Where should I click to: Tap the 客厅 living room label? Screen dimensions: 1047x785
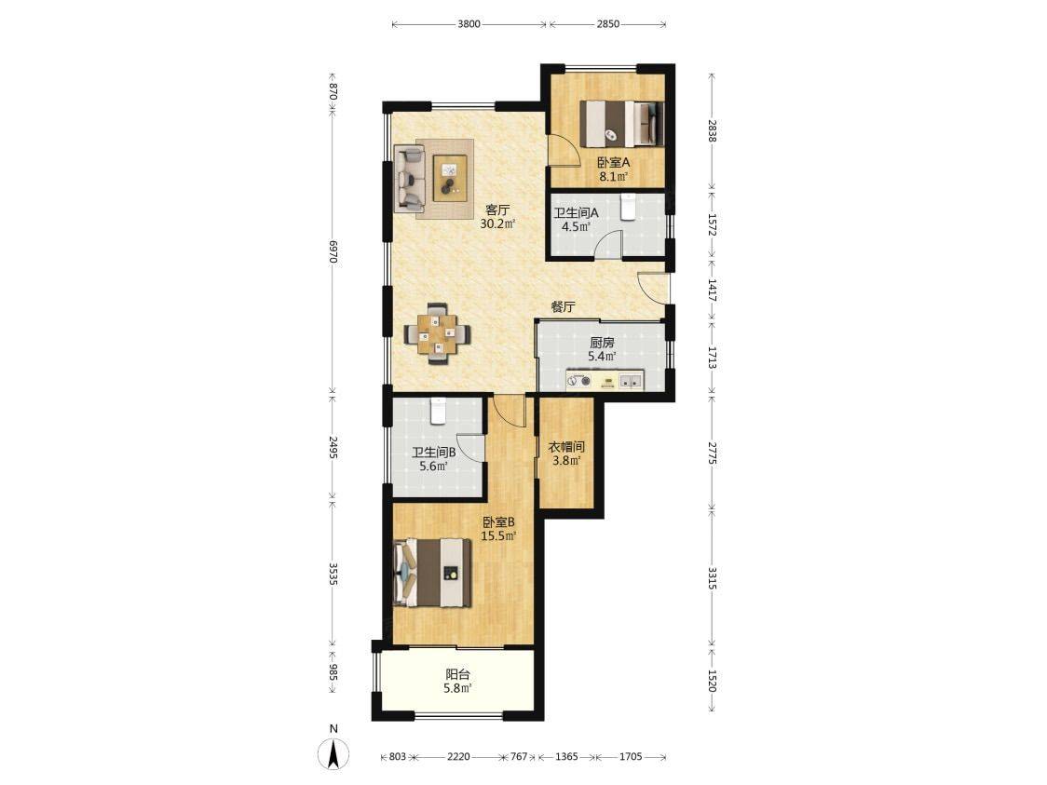click(497, 210)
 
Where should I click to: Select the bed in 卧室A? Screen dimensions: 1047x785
click(620, 123)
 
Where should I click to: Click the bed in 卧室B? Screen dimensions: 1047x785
click(433, 573)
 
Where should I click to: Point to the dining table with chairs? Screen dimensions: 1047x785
click(438, 333)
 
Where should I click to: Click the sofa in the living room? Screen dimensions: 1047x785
click(410, 177)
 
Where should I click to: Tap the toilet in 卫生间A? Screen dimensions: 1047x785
click(629, 207)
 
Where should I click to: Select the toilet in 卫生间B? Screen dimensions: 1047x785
click(438, 412)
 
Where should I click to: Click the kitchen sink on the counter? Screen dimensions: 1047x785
click(631, 383)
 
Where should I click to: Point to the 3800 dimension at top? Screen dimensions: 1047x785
click(469, 24)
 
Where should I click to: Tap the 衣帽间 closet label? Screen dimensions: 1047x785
click(566, 447)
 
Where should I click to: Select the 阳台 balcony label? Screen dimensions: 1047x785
click(457, 675)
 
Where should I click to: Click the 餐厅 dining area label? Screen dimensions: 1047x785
click(563, 307)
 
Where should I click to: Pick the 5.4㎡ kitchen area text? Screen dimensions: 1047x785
click(602, 357)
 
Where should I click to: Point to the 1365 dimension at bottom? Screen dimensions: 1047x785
click(566, 756)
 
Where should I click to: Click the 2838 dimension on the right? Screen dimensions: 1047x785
click(712, 130)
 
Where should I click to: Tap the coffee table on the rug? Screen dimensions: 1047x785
click(450, 177)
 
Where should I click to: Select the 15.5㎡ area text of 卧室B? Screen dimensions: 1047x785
click(498, 536)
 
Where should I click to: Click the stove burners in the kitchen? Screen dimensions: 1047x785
click(578, 383)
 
